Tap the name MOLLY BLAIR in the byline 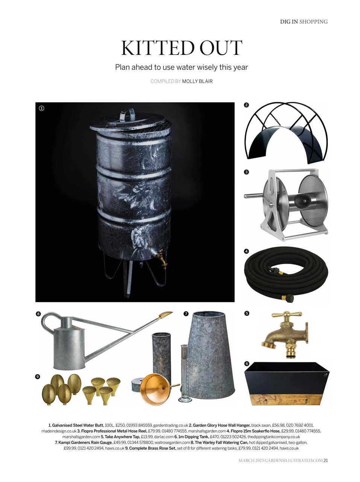click(197, 81)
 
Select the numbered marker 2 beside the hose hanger click(246, 105)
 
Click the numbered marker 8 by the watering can click(38, 314)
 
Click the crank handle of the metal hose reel click(254, 195)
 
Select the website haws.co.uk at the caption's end click(289, 448)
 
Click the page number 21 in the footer click(325, 461)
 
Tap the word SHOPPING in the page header click(313, 22)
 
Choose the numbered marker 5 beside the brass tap click(246, 313)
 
